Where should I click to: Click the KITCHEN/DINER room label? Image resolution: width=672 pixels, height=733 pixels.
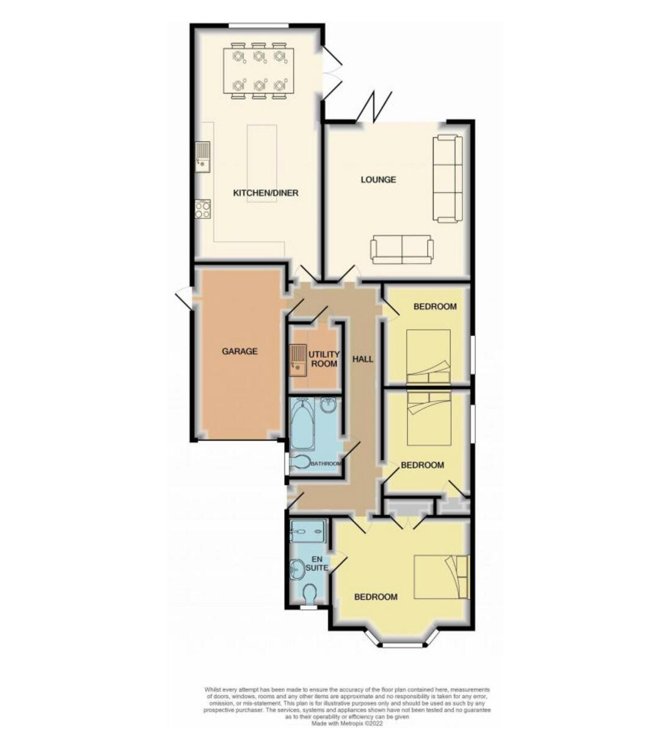click(266, 193)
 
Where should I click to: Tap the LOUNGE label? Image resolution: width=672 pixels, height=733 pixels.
click(378, 179)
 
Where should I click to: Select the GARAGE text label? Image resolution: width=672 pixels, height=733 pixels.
click(239, 351)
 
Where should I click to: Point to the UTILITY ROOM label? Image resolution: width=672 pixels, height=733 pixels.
click(323, 359)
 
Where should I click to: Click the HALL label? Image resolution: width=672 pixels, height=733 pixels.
click(363, 359)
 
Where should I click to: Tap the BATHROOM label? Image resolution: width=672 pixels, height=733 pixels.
click(325, 464)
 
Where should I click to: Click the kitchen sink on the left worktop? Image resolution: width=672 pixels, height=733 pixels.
click(202, 156)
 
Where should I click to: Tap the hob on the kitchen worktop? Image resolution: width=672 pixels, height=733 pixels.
click(202, 210)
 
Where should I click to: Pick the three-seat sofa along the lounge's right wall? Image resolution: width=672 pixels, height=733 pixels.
click(448, 178)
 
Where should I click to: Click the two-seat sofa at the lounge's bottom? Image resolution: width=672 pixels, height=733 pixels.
click(401, 249)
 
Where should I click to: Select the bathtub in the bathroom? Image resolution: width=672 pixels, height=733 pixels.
click(302, 424)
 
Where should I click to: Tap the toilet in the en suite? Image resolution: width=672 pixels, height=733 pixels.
click(310, 593)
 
